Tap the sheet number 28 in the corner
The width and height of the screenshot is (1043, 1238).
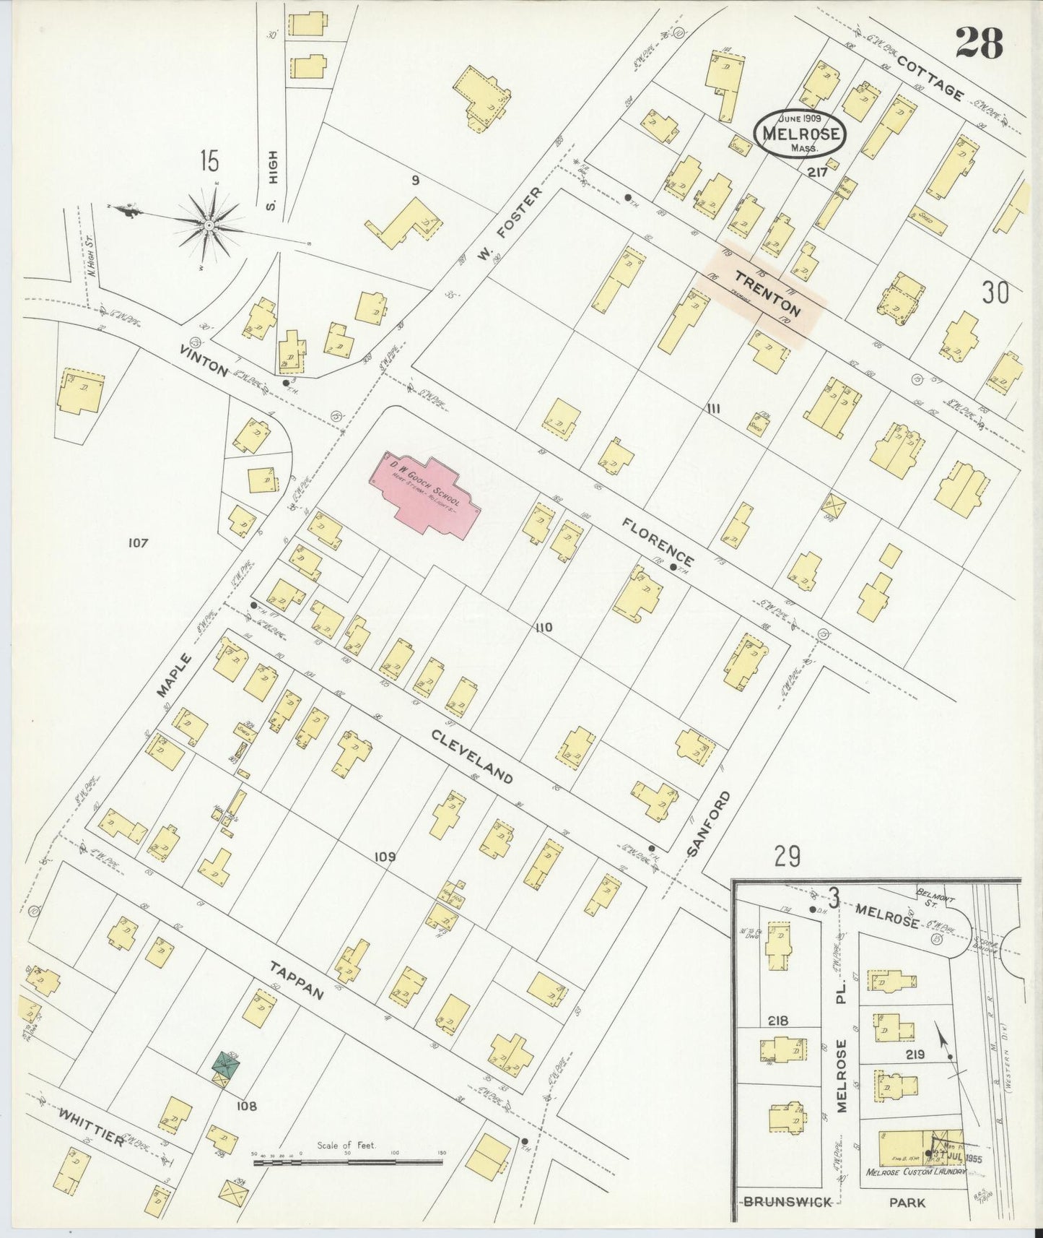(979, 43)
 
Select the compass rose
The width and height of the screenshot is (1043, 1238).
(209, 225)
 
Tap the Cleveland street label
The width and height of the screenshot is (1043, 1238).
(472, 756)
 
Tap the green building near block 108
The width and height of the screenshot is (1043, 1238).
(227, 1065)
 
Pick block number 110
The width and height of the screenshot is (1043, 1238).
(544, 627)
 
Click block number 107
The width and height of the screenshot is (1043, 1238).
(137, 542)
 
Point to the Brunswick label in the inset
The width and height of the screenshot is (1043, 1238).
(787, 1202)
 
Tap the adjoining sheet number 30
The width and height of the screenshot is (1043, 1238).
(995, 293)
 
